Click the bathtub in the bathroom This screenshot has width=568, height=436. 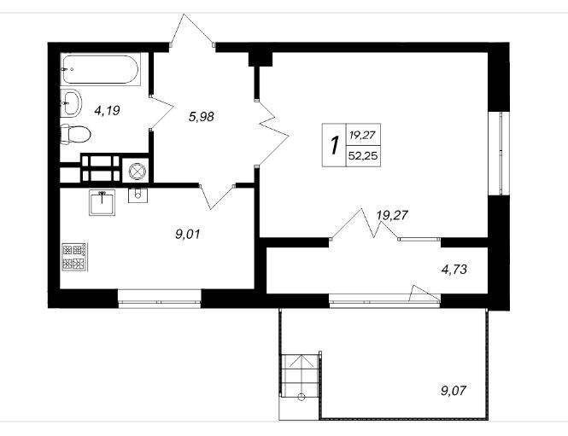click(x=100, y=69)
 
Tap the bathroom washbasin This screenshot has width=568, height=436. click(x=71, y=102)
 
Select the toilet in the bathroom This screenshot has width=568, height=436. click(x=75, y=134)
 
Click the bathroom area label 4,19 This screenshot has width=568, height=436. click(x=107, y=110)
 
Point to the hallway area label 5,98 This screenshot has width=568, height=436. click(x=202, y=117)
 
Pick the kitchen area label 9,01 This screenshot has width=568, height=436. click(x=187, y=235)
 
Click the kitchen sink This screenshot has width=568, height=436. click(x=102, y=202)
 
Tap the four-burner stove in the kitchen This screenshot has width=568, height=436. click(x=74, y=257)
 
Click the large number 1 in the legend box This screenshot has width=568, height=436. click(x=334, y=145)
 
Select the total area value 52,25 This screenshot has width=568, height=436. click(x=363, y=156)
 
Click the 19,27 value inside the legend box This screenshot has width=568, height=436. click(x=363, y=136)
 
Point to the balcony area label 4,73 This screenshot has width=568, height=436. click(x=454, y=270)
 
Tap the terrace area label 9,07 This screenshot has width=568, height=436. click(x=454, y=391)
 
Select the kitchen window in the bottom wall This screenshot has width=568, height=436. click(x=160, y=299)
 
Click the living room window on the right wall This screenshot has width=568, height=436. click(x=499, y=154)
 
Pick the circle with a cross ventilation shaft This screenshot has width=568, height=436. click(x=138, y=171)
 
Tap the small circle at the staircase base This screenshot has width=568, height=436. click(x=301, y=397)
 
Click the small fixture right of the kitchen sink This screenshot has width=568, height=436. click(x=138, y=195)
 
